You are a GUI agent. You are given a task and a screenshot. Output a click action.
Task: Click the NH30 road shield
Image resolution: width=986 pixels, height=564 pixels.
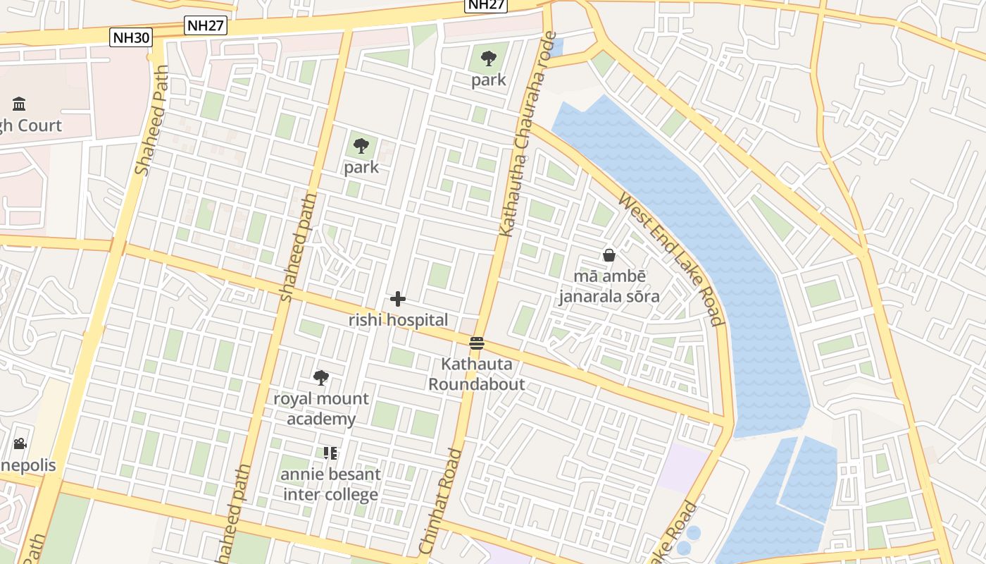point(131,37)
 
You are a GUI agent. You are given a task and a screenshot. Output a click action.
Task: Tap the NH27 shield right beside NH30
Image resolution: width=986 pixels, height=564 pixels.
point(206,26)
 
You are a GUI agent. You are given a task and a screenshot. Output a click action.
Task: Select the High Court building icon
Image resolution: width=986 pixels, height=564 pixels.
point(19,104)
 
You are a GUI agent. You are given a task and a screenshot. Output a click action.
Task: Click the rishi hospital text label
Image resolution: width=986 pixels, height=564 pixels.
point(398,320)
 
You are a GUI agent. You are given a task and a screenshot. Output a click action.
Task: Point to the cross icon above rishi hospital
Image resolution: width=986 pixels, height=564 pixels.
point(398,299)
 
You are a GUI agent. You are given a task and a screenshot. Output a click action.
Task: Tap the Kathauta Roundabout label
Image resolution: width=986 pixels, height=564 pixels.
point(477,374)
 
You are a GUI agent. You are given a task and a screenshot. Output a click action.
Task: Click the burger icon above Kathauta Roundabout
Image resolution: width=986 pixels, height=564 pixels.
point(477,343)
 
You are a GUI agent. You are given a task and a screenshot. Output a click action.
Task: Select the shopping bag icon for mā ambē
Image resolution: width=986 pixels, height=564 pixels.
point(609,255)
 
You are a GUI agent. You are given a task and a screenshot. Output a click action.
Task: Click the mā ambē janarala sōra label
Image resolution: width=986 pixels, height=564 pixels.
point(609,286)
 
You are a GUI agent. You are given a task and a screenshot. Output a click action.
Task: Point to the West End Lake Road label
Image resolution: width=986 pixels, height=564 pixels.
point(671,259)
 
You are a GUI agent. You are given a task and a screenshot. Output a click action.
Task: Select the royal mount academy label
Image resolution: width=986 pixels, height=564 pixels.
point(321,409)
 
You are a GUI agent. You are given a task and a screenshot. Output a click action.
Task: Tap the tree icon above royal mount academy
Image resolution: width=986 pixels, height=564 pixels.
point(321,378)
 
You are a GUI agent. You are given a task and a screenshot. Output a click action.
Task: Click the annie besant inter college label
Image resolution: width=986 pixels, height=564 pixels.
point(330,484)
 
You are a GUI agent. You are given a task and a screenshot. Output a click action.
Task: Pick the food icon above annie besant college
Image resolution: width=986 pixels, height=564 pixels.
point(330,453)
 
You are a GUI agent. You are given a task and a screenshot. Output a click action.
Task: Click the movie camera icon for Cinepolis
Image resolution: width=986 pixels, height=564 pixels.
point(20,443)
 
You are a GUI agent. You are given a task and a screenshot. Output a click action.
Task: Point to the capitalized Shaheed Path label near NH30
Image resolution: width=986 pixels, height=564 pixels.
point(152,121)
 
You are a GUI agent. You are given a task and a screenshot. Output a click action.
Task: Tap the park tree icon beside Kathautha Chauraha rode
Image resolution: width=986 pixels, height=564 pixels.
point(489,59)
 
